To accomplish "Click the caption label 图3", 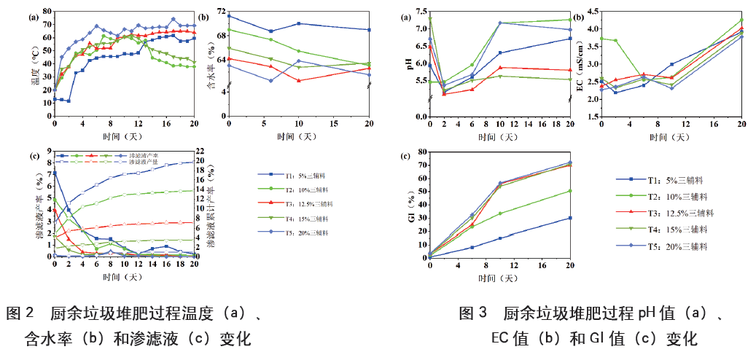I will pyautogui.click(x=473, y=315).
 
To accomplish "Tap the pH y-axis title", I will pyautogui.click(x=410, y=62).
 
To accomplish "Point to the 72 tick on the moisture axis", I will pyautogui.click(x=219, y=15).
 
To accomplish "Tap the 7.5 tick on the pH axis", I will pyautogui.click(x=420, y=12).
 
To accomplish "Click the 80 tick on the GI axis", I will pyautogui.click(x=421, y=153).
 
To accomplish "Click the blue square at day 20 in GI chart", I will pyautogui.click(x=569, y=218).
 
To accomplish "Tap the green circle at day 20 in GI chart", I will pyautogui.click(x=569, y=191).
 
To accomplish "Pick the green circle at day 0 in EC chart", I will pyautogui.click(x=601, y=39).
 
